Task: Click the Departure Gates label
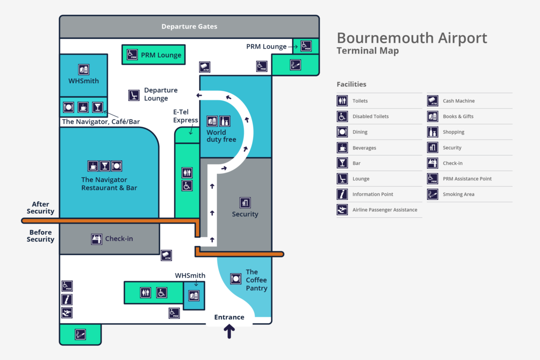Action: [189, 27]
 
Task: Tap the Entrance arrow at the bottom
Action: [229, 332]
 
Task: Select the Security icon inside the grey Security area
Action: [245, 202]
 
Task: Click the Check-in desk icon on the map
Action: [96, 239]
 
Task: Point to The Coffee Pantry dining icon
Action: [236, 279]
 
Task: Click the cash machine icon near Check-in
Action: [166, 256]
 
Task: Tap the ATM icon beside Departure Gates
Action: [205, 67]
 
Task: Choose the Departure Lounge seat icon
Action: [134, 94]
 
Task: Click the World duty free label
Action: [221, 136]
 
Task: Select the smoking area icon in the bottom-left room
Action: [80, 334]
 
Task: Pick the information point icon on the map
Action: [67, 299]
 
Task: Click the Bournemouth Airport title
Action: [412, 38]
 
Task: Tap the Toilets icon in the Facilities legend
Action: [342, 101]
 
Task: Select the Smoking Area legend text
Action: [458, 194]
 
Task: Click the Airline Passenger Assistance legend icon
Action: [342, 210]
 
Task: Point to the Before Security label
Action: [40, 236]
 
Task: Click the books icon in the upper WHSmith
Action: [84, 69]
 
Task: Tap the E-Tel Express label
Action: [186, 116]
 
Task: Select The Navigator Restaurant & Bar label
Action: [109, 184]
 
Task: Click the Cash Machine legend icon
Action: [432, 101]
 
